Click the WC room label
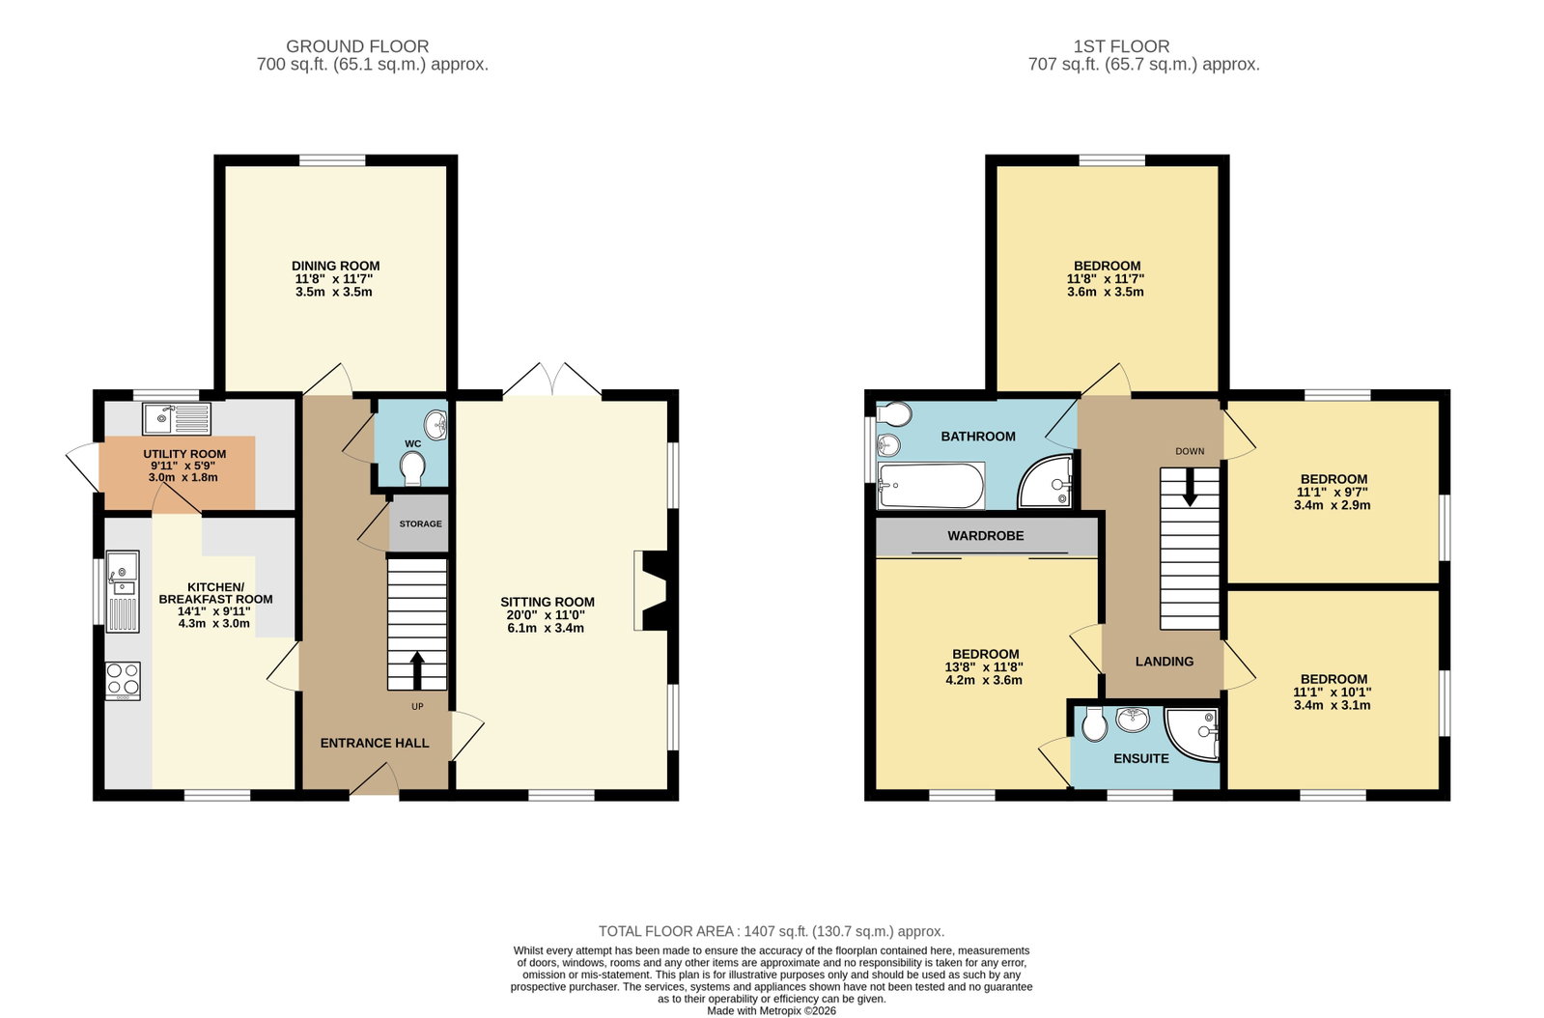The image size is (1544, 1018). pos(413,443)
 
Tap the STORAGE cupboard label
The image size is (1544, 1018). pos(420,523)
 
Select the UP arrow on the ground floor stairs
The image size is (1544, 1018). pos(417,670)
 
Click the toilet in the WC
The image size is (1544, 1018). pos(413,468)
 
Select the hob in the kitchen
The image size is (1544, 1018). pos(123,681)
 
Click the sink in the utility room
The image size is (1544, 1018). pos(177,419)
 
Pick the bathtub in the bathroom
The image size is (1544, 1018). pos(931,485)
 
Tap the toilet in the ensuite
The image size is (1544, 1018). pos(1095,723)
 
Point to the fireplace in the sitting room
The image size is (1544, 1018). pos(651,591)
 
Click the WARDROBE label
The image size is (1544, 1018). pos(986,535)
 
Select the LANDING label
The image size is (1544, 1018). pos(1165,661)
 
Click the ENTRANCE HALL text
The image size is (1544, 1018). pos(375,743)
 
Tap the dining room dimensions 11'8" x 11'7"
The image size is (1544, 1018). pos(334,279)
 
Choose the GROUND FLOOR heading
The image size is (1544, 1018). pos(357,46)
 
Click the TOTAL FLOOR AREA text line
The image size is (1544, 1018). pos(772,931)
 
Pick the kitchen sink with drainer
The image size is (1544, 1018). pos(123,591)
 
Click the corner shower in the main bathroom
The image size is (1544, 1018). pos(1046,482)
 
